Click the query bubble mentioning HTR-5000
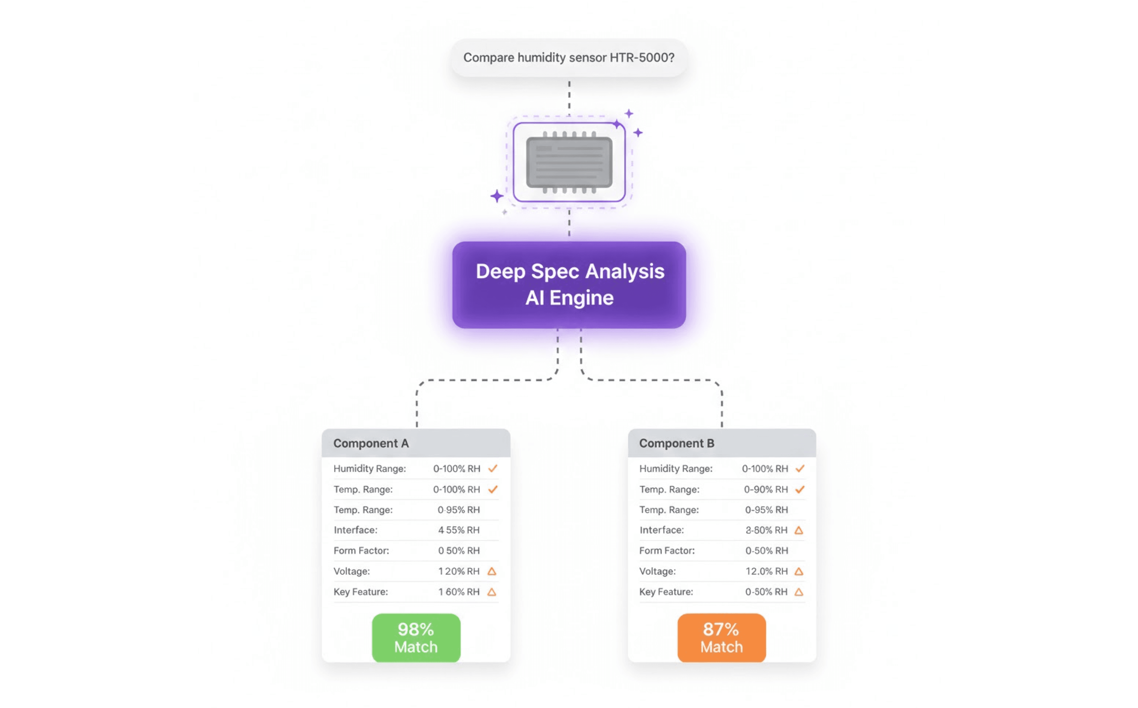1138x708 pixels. [x=569, y=57]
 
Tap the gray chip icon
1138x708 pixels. [x=569, y=162]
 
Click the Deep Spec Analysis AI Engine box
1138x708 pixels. [x=569, y=285]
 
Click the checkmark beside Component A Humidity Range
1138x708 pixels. [x=492, y=468]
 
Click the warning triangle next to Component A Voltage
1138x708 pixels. [x=491, y=571]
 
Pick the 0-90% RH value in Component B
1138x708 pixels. [x=765, y=489]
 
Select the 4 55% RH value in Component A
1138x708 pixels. [x=459, y=530]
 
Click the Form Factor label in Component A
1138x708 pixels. [x=361, y=551]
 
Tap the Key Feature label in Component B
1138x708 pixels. [x=666, y=592]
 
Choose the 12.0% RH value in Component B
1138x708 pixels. [x=767, y=571]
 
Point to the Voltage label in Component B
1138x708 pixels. [x=657, y=571]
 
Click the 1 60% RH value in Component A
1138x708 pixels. [x=459, y=592]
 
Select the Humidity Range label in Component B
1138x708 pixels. [x=676, y=468]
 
